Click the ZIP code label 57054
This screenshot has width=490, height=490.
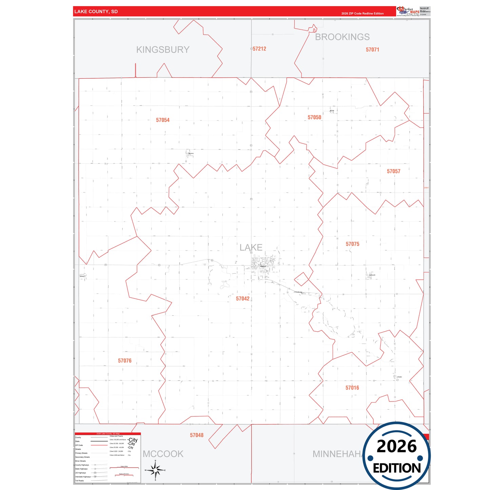point(163,120)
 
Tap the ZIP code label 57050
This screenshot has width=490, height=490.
point(314,117)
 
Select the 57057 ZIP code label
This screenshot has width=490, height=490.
point(393,171)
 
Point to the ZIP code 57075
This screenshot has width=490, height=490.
point(352,244)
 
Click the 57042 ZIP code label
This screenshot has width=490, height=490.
point(243,298)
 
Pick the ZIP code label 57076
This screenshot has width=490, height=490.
point(125,360)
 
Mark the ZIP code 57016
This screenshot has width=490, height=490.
point(352,388)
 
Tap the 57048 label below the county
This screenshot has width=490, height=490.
point(197,435)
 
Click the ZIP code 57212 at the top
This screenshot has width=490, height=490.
point(259,49)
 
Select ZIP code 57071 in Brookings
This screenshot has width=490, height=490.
point(372,50)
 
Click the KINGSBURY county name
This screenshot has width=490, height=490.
point(163,50)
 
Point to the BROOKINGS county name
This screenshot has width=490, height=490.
point(342,37)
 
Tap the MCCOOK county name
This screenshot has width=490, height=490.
point(163,454)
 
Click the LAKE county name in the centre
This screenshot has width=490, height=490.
point(251,247)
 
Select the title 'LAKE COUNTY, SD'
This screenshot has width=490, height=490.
point(96,12)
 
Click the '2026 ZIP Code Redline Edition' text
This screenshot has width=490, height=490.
point(362,14)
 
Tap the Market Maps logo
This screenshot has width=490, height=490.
point(408,11)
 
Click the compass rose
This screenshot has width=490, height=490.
point(155,470)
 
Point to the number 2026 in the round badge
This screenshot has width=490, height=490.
point(396,446)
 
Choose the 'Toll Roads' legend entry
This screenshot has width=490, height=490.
point(79,481)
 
